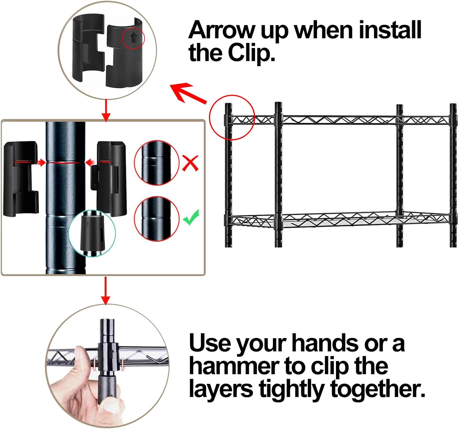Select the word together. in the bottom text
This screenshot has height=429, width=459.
[378, 389]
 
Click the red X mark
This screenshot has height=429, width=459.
[190, 163]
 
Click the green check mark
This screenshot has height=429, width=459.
[191, 217]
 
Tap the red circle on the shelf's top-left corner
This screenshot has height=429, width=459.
[232, 117]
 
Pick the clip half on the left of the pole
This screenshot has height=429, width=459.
[21, 179]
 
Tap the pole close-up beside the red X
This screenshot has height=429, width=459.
[156, 163]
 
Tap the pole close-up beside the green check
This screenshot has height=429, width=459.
[156, 219]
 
